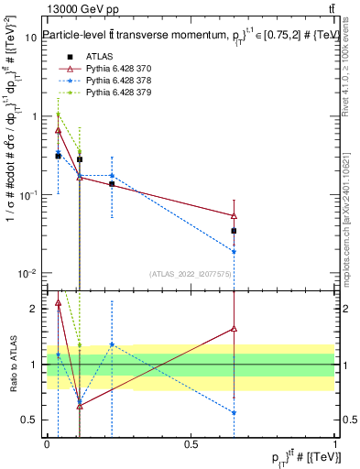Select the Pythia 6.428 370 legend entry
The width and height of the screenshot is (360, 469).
click(x=113, y=69)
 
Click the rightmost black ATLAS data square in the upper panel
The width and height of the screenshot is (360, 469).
click(x=235, y=231)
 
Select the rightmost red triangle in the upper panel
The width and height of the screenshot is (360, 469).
click(x=235, y=216)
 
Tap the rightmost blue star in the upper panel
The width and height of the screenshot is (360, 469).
click(x=235, y=251)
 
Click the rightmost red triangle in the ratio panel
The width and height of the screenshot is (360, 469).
click(x=235, y=328)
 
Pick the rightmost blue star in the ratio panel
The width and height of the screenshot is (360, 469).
click(x=235, y=412)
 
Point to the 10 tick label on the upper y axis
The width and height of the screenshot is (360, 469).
click(x=32, y=38)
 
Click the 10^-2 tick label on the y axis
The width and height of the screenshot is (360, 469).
click(x=27, y=273)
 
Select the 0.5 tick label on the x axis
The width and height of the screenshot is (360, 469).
click(x=191, y=443)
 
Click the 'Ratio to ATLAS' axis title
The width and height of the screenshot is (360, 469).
click(x=13, y=364)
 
